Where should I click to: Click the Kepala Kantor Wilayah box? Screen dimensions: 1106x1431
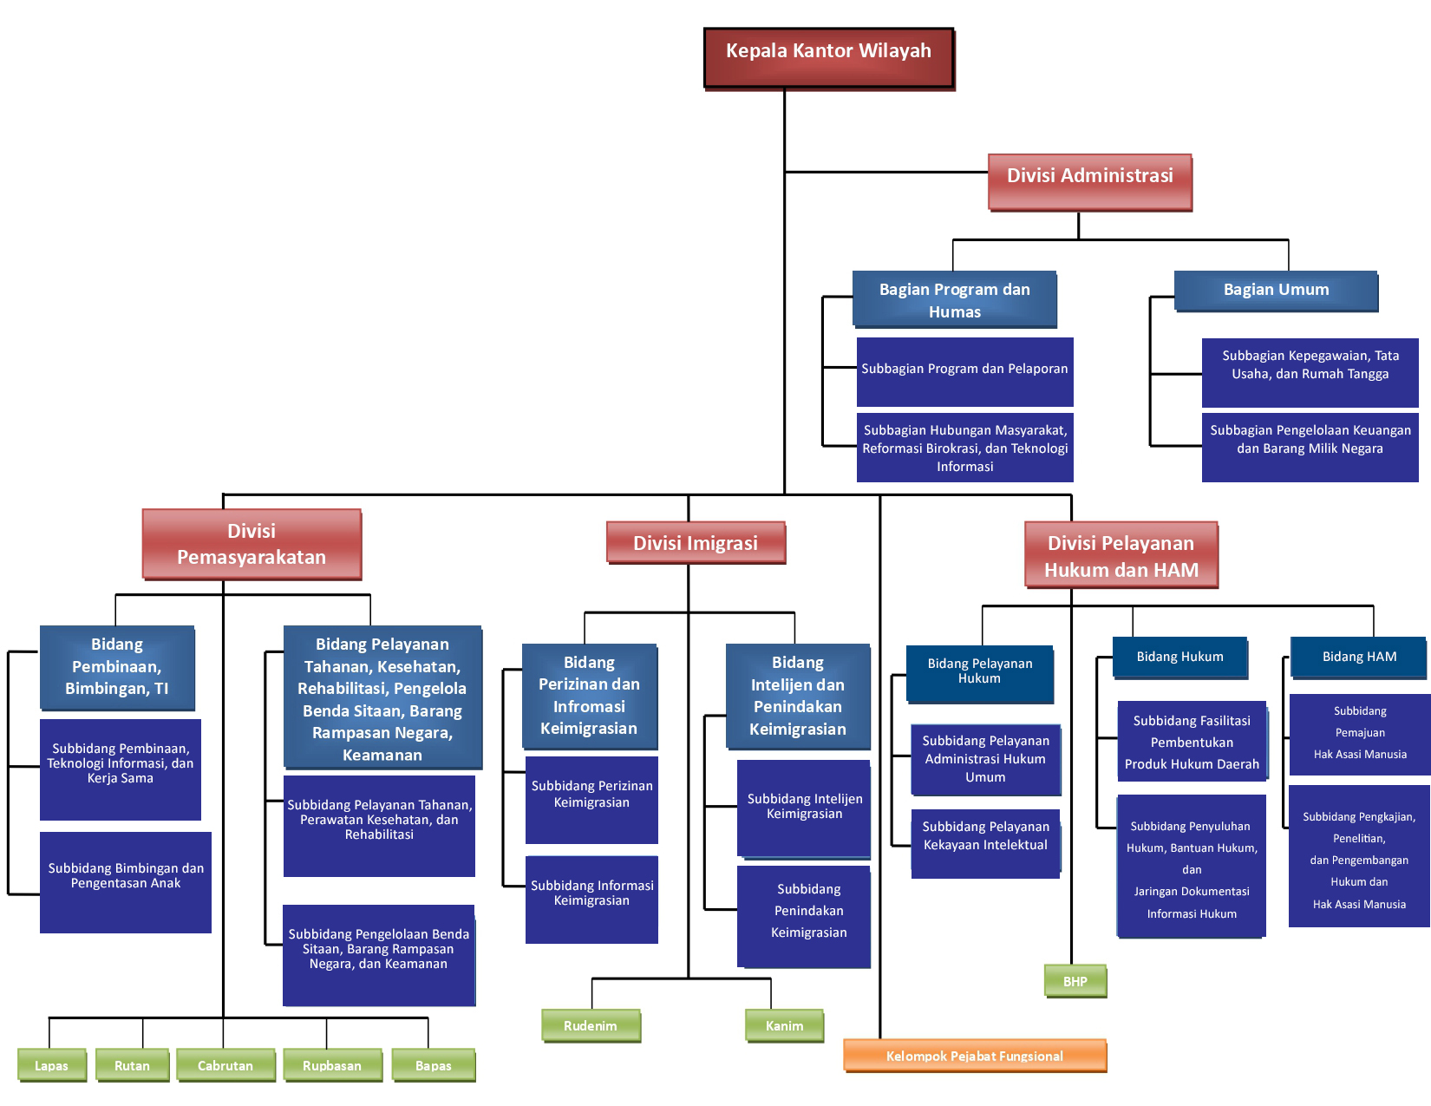coord(828,57)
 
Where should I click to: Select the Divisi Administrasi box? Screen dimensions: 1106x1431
coord(1089,181)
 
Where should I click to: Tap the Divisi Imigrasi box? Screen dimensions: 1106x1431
coord(696,543)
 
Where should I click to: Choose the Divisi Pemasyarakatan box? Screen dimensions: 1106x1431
coord(252,544)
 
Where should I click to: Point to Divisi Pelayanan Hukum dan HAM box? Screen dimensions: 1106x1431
coord(1121,555)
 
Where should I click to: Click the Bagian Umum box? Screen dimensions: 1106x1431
coord(1276,291)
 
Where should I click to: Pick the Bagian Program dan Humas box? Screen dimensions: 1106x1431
coord(954,299)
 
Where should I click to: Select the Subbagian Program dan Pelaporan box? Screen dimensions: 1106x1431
coord(964,371)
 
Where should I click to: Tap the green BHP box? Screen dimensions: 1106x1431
coord(1075,981)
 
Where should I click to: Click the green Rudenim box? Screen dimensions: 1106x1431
coord(591,1025)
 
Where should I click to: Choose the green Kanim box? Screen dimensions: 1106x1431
coord(784,1025)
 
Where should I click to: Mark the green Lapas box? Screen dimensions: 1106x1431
coord(52,1065)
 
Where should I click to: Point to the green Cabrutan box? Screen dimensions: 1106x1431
coord(225,1065)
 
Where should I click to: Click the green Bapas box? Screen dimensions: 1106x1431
coord(434,1065)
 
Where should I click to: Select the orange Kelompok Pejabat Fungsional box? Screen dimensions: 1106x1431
coord(975,1056)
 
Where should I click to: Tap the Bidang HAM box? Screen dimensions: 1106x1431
coord(1358,658)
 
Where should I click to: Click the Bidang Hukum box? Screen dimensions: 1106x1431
coord(1179,658)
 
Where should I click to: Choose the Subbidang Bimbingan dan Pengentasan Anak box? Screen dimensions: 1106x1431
coord(126,881)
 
